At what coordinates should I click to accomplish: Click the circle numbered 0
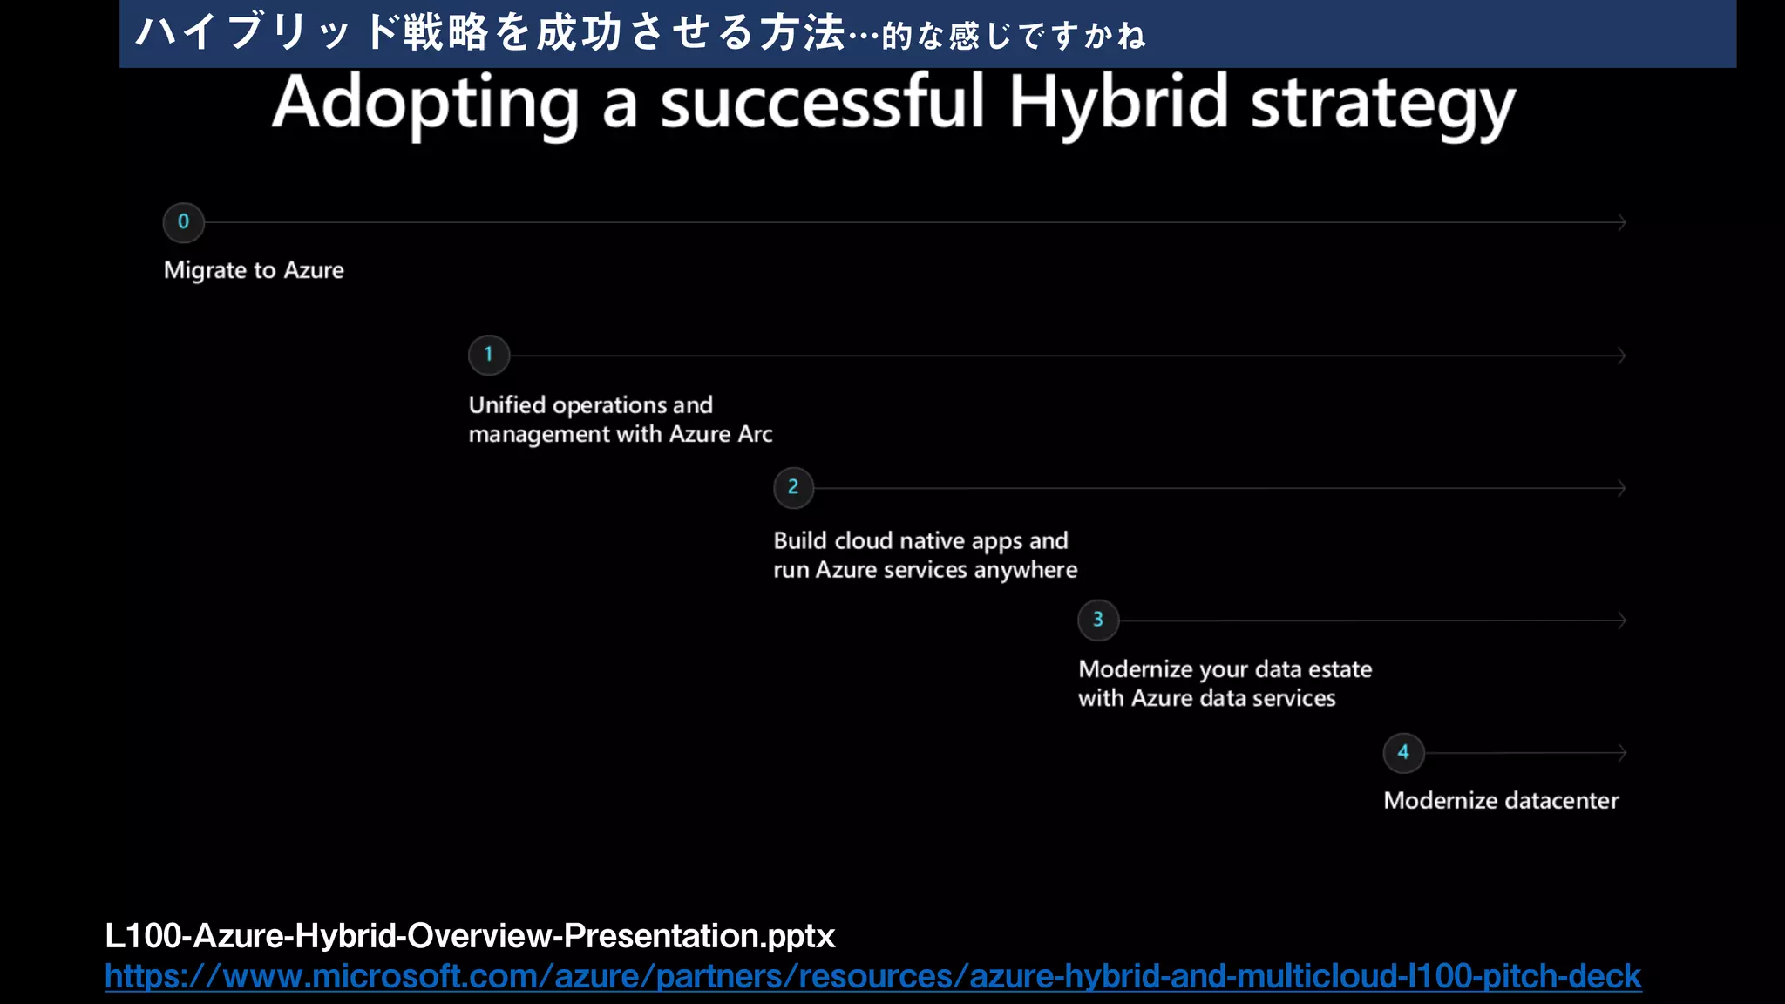click(x=183, y=222)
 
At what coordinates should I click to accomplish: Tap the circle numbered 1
click(x=488, y=355)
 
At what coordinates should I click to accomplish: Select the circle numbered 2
click(x=793, y=488)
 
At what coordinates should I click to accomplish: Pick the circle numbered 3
click(x=1098, y=620)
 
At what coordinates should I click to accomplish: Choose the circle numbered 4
click(x=1403, y=752)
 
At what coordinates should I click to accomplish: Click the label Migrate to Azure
click(x=254, y=270)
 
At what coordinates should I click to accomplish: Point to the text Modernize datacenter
click(x=1500, y=800)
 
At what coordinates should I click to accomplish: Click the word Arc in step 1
click(x=755, y=434)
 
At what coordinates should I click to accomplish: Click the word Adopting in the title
click(x=425, y=105)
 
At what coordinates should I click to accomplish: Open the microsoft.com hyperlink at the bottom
click(x=872, y=976)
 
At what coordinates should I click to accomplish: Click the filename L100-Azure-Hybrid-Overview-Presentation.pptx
click(x=470, y=936)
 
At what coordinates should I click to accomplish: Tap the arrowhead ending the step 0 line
click(x=1622, y=222)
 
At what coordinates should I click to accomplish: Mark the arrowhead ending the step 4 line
click(x=1622, y=752)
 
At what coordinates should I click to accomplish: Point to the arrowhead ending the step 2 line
click(x=1622, y=488)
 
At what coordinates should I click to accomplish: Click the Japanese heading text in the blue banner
click(x=641, y=33)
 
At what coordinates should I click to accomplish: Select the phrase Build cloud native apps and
click(x=920, y=540)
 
